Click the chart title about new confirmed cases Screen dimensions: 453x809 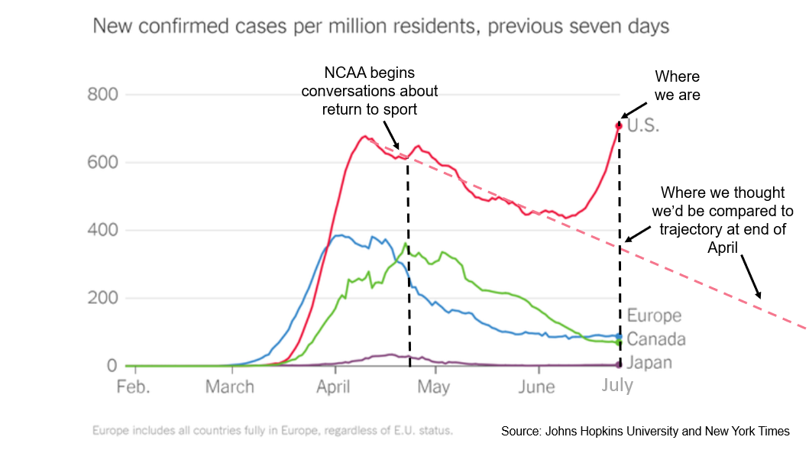380,27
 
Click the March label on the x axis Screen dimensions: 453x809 229,387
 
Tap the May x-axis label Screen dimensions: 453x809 434,387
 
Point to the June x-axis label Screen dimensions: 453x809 536,387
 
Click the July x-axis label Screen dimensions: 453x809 617,385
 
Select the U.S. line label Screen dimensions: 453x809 643,126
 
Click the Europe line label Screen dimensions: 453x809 654,315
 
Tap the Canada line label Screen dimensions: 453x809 656,339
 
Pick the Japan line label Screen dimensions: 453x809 649,362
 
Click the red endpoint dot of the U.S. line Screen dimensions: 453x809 619,125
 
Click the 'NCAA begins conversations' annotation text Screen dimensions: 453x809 370,91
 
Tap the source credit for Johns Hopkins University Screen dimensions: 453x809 646,432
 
